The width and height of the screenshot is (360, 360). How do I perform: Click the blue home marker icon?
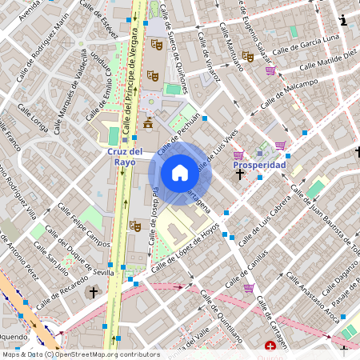[180, 173]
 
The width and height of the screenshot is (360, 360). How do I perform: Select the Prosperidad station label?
[259, 165]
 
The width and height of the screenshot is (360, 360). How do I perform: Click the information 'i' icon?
[343, 20]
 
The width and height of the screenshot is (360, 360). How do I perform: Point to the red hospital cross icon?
[271, 347]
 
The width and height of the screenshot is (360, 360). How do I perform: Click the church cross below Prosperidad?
[239, 172]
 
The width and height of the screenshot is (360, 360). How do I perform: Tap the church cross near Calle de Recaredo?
[93, 293]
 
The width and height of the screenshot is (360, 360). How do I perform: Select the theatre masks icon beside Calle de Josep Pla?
[135, 226]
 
